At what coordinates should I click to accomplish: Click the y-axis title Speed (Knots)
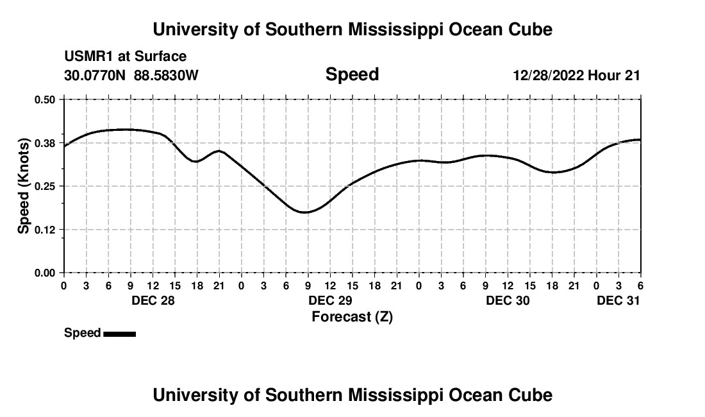pos(24,186)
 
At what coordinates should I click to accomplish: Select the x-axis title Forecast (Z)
pos(352,316)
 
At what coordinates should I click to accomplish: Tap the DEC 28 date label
pos(153,300)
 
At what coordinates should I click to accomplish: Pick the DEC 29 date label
pos(330,300)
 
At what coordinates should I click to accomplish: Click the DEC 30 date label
pos(508,300)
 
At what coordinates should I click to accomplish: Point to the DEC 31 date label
pos(618,300)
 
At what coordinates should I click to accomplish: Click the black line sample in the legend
pos(119,334)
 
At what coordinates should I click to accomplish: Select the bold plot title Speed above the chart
pos(352,74)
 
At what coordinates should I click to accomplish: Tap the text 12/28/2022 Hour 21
pos(576,75)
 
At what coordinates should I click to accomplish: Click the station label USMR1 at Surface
pos(126,57)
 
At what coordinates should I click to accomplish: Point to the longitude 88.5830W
pos(166,75)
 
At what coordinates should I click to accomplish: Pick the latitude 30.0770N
pos(96,75)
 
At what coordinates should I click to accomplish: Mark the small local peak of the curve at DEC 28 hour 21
pos(219,151)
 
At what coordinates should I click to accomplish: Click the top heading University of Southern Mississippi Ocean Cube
pos(352,30)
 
